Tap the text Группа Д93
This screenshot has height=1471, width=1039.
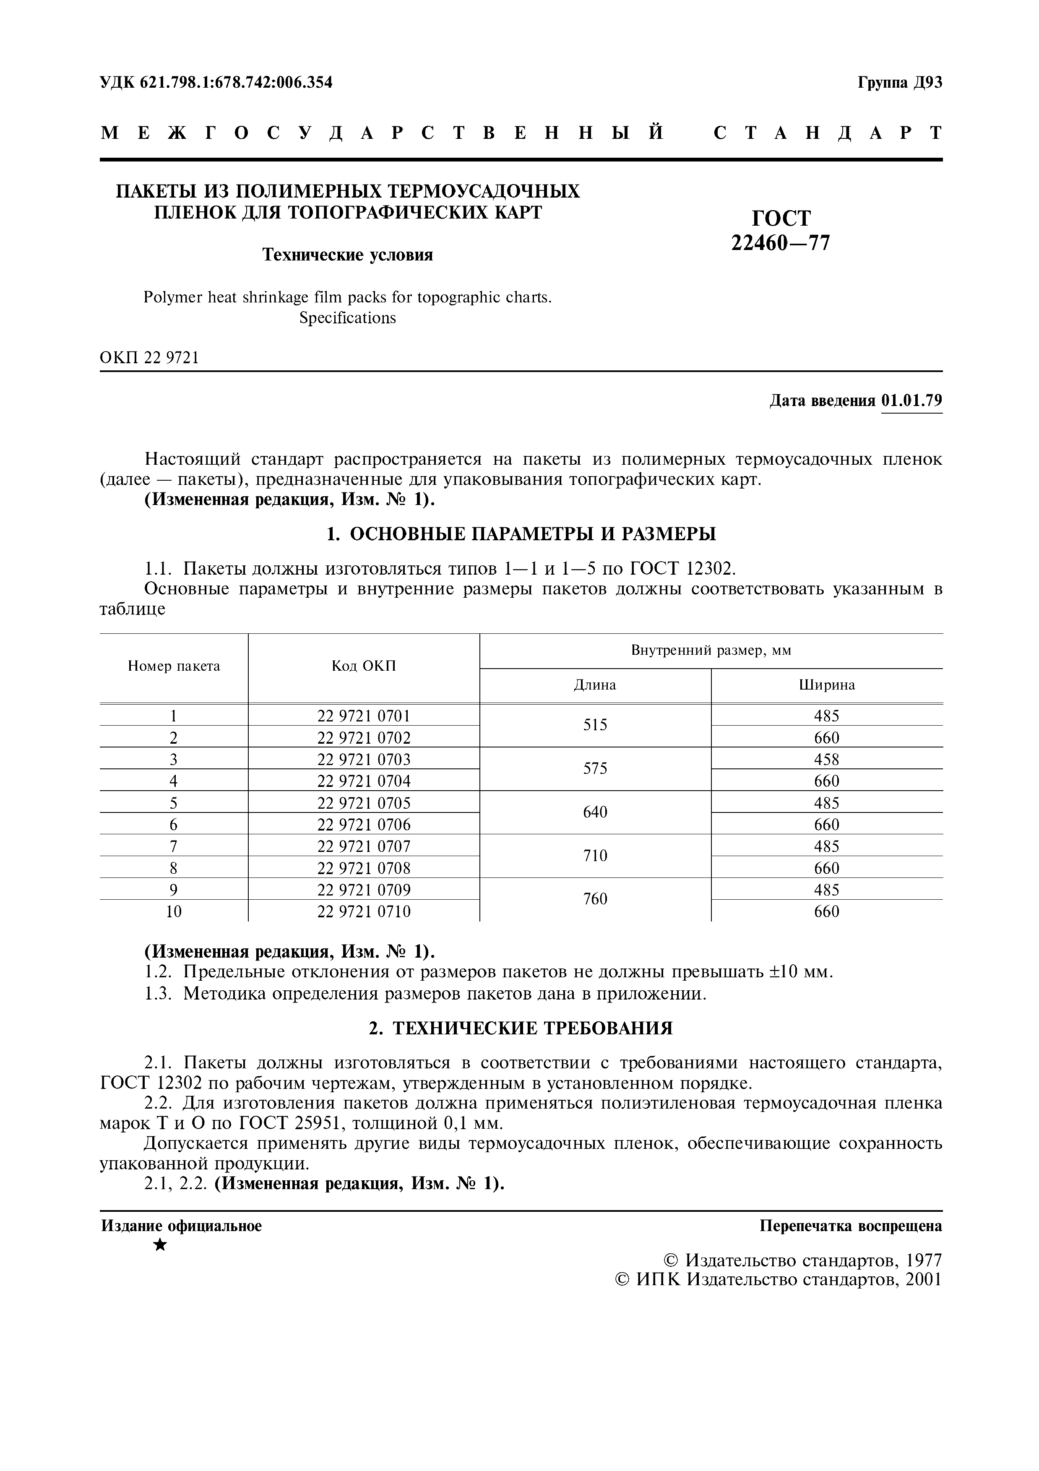[x=899, y=83]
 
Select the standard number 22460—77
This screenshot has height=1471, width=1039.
[x=780, y=243]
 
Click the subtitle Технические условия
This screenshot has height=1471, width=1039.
[x=348, y=255]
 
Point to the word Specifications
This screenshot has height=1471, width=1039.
[x=347, y=318]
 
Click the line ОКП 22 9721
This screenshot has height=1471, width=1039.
[x=149, y=357]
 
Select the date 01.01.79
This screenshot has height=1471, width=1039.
[x=911, y=401]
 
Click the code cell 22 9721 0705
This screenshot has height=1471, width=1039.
[x=363, y=803]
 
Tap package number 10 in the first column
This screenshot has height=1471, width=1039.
[x=174, y=911]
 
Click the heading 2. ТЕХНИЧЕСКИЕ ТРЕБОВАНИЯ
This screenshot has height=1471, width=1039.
[x=520, y=1029]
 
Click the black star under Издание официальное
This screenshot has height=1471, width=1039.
[x=160, y=1245]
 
